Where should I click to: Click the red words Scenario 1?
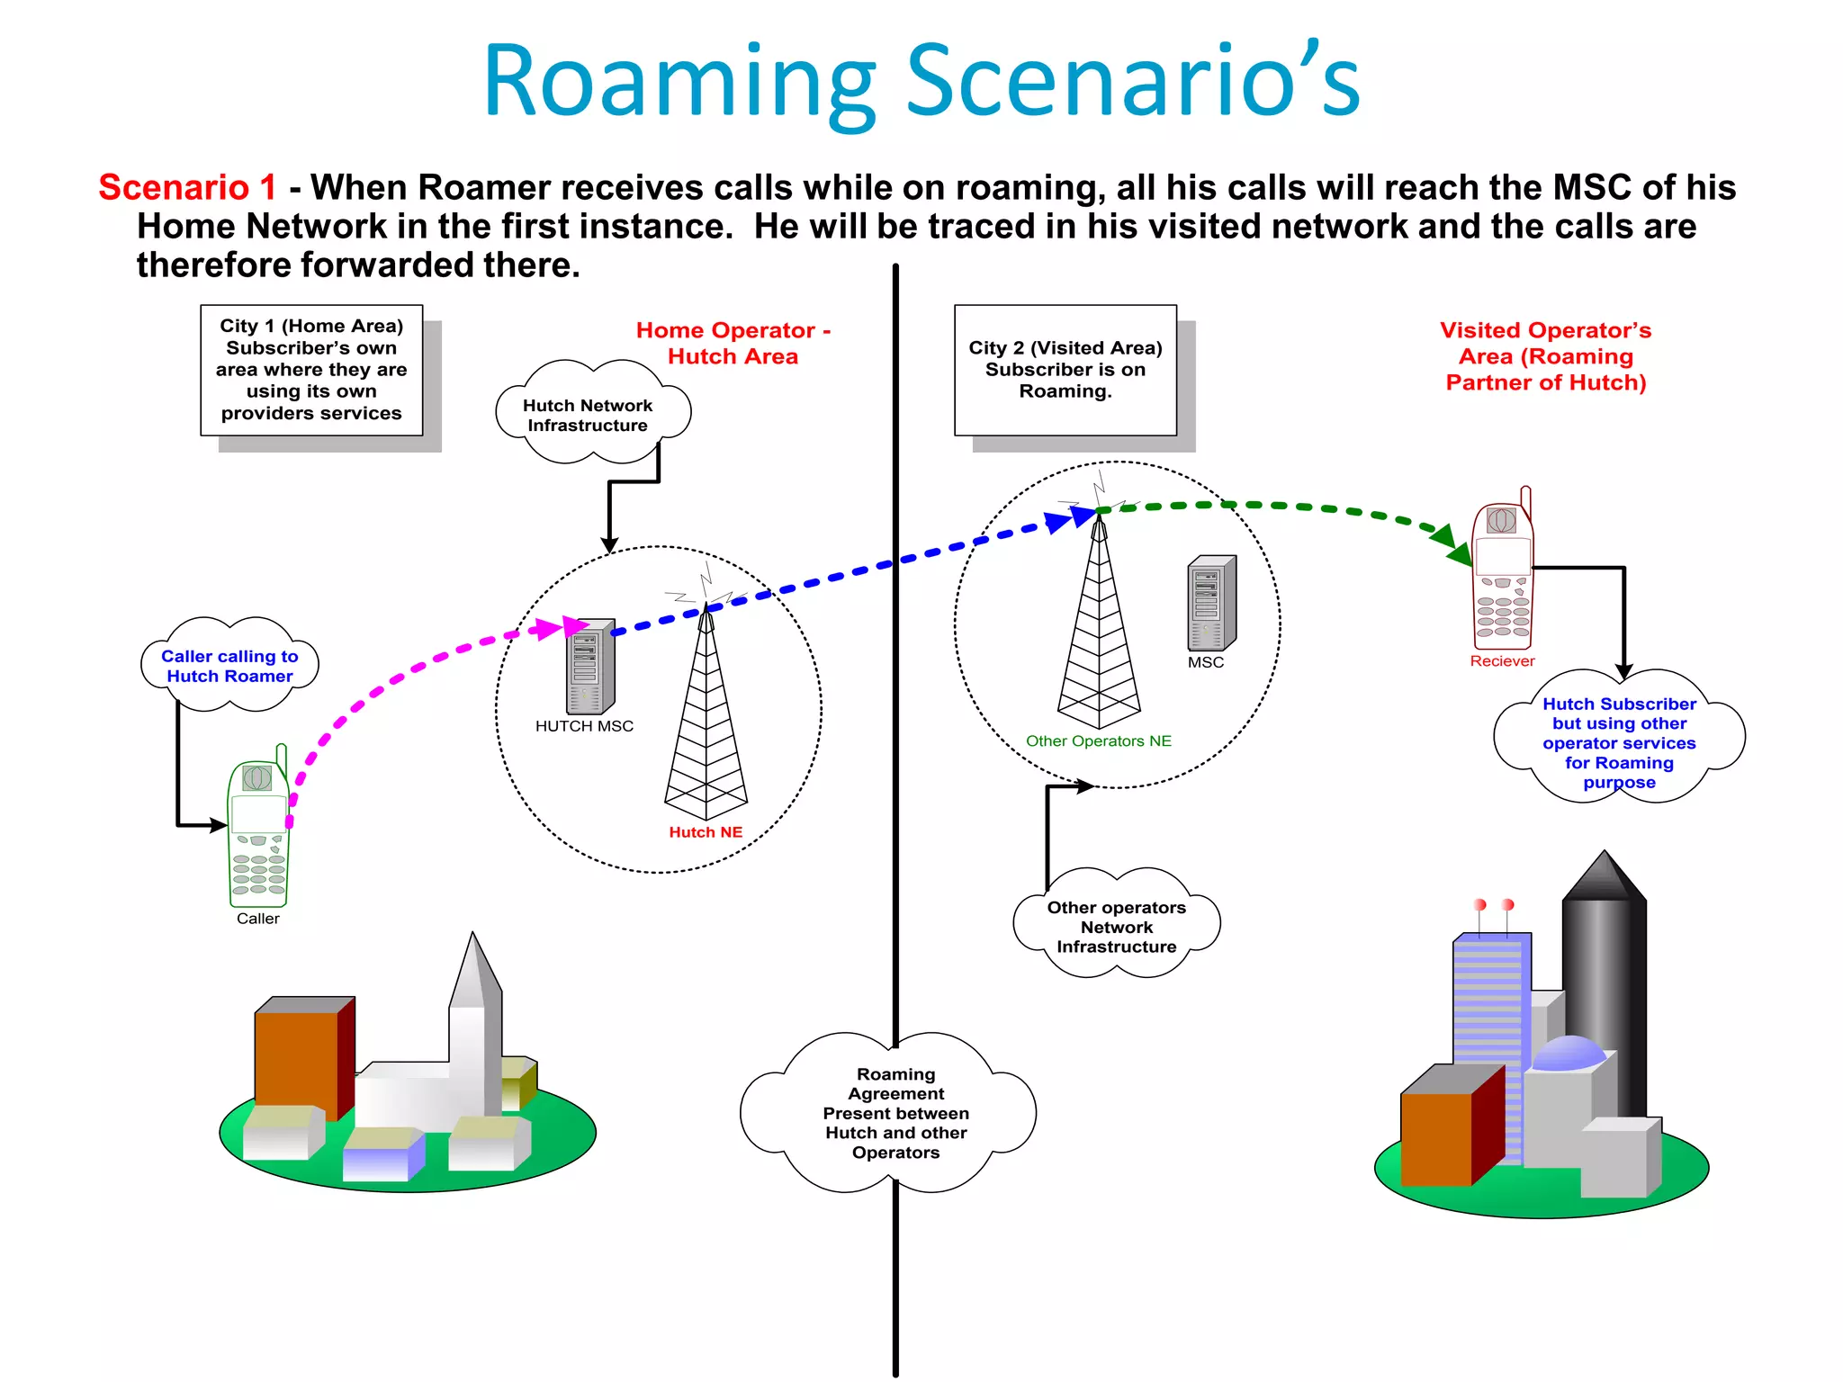187,187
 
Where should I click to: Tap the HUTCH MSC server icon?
590,667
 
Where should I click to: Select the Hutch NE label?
706,832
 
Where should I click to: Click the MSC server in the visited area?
1211,603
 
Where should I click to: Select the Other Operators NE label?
1099,741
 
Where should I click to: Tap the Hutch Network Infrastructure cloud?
589,415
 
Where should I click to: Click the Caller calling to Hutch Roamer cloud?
229,666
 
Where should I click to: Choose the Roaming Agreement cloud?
895,1113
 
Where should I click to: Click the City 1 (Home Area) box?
311,370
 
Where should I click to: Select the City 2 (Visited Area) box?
1065,370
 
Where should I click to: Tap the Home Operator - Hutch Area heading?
733,343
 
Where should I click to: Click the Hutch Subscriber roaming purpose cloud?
1619,742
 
